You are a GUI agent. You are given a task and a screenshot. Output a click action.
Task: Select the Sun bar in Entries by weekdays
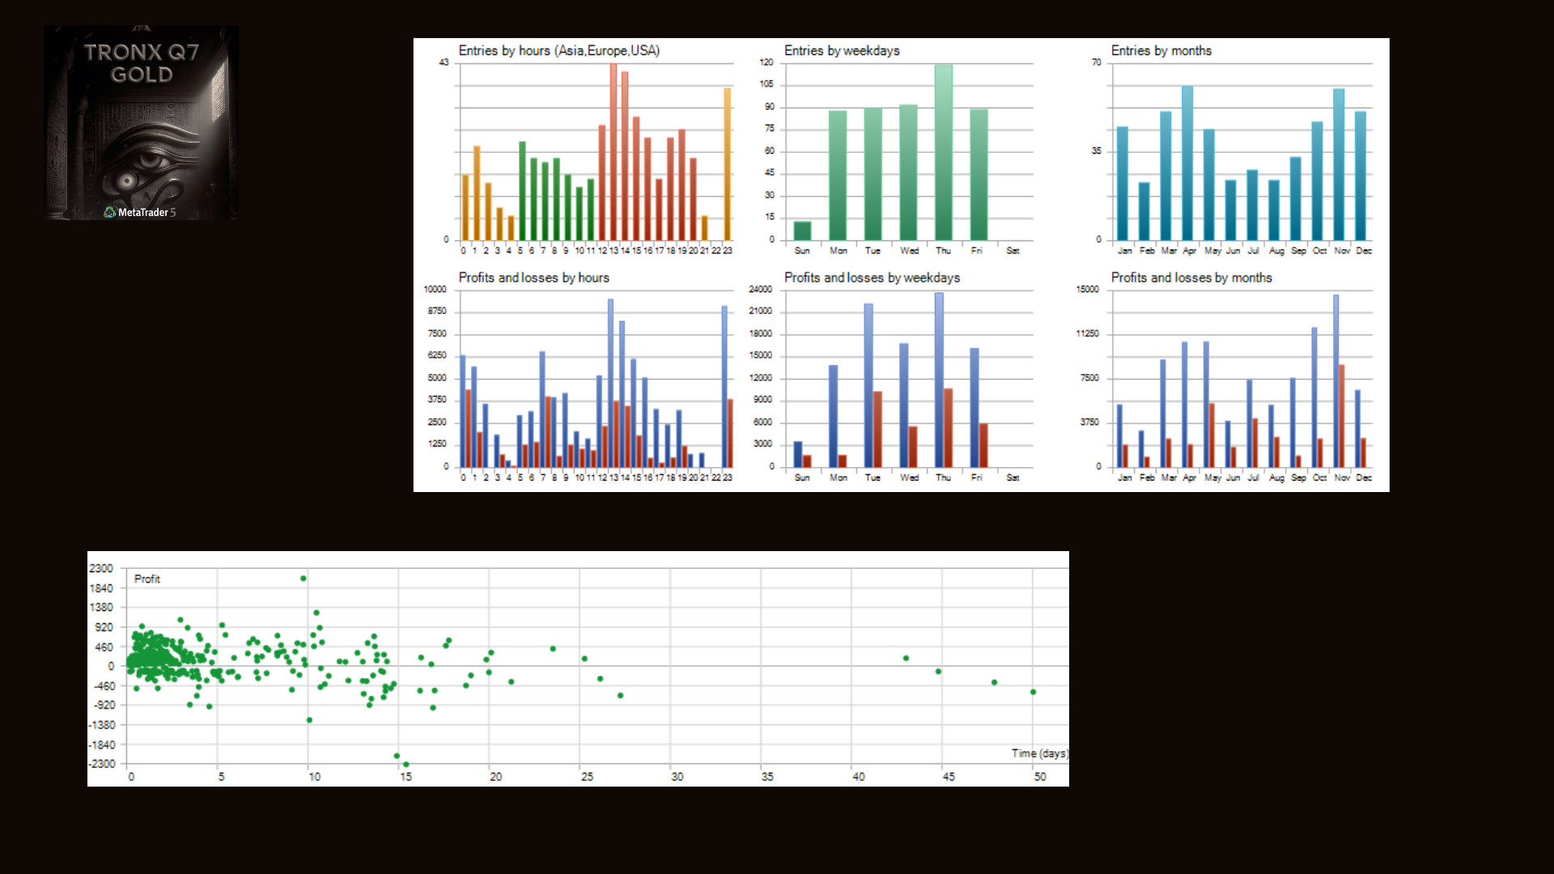click(x=802, y=231)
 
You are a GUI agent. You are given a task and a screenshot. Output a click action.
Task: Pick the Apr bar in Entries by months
click(x=1187, y=163)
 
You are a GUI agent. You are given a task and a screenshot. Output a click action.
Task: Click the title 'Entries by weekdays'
click(x=842, y=51)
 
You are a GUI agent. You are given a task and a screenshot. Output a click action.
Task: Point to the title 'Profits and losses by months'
click(x=1191, y=278)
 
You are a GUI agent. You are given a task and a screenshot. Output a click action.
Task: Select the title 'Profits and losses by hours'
click(x=533, y=278)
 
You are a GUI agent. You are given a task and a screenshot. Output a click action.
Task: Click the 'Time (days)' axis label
click(x=1039, y=753)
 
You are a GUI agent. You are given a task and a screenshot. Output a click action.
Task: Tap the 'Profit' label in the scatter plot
click(x=146, y=579)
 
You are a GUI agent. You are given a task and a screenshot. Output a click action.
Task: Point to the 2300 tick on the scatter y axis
click(x=101, y=568)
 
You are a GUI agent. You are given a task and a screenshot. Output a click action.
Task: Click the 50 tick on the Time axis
click(x=1039, y=777)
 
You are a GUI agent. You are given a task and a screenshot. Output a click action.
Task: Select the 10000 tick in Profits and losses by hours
click(x=435, y=290)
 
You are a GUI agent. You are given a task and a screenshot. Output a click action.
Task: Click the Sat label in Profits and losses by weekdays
click(x=1013, y=477)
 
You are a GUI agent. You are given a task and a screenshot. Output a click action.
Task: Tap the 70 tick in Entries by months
click(x=1096, y=62)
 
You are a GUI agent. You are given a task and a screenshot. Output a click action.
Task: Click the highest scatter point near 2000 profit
click(x=304, y=579)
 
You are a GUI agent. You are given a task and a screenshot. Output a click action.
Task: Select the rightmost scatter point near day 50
click(x=1033, y=692)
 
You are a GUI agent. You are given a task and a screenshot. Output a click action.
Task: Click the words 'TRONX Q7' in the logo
click(x=142, y=53)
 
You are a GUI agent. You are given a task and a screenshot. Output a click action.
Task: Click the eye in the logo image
click(x=128, y=180)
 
